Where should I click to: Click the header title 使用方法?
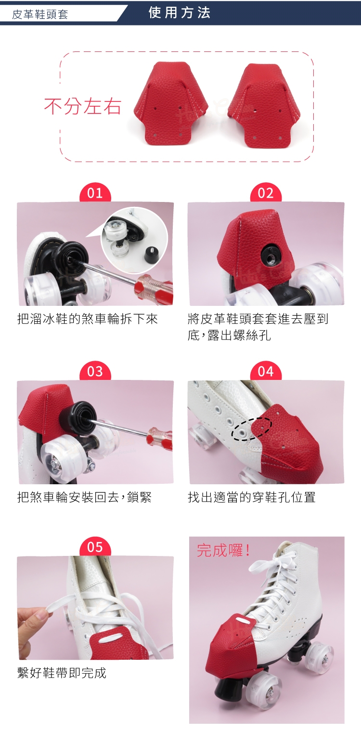pos(180,13)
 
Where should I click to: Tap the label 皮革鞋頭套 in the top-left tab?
pos(40,14)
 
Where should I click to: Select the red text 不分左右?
pos(83,106)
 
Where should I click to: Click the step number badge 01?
pos(95,193)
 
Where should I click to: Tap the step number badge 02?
pos(266,193)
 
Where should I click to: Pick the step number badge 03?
pos(95,371)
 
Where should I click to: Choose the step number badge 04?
pos(266,371)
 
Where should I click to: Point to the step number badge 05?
pos(95,547)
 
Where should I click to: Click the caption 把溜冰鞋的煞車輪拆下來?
pos(88,319)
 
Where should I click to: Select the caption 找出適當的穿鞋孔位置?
pos(252,497)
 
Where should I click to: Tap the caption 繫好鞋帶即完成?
pos(62,673)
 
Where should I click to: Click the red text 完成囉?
pos(223,550)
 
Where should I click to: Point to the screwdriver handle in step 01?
pos(154,287)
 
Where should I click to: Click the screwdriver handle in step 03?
pos(160,437)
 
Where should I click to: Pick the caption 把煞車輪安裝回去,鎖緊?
pos(84,497)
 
